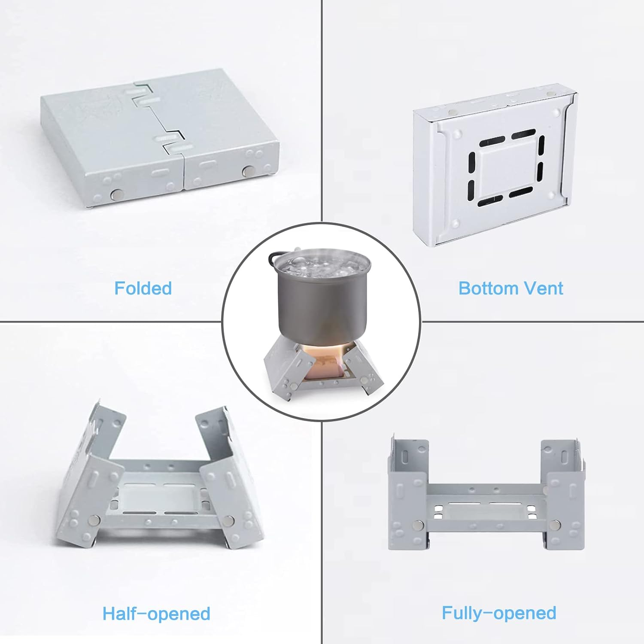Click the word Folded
[x=143, y=288]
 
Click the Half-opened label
[x=156, y=614]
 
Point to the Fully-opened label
[x=499, y=613]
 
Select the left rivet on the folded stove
[x=115, y=195]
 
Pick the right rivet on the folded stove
[x=248, y=171]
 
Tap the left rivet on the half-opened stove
[x=94, y=521]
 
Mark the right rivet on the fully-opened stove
[x=556, y=524]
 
